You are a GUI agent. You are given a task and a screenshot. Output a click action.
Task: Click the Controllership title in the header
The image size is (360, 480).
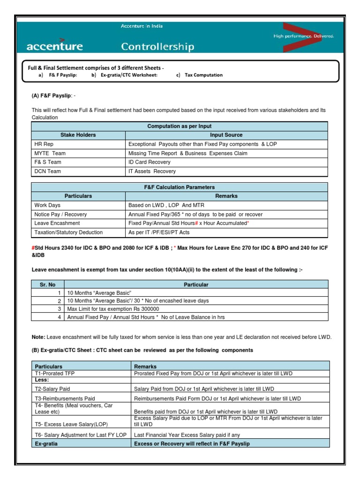(157, 46)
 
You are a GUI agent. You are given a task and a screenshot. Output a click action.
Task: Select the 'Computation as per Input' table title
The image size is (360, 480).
(180, 126)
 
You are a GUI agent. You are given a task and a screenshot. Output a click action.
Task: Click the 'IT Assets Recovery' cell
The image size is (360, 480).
(152, 172)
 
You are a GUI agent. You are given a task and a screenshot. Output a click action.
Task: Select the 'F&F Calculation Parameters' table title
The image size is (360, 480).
(180, 187)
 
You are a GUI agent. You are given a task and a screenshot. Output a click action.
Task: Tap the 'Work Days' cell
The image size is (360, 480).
(47, 205)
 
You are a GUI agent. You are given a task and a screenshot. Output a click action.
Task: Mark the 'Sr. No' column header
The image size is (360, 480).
(47, 285)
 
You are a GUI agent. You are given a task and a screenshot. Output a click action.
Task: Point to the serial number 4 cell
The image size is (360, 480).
(60, 317)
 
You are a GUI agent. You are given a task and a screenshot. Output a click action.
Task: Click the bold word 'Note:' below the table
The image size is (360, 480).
(38, 337)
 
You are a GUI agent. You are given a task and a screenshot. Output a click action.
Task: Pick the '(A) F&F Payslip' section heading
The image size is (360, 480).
(52, 96)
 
